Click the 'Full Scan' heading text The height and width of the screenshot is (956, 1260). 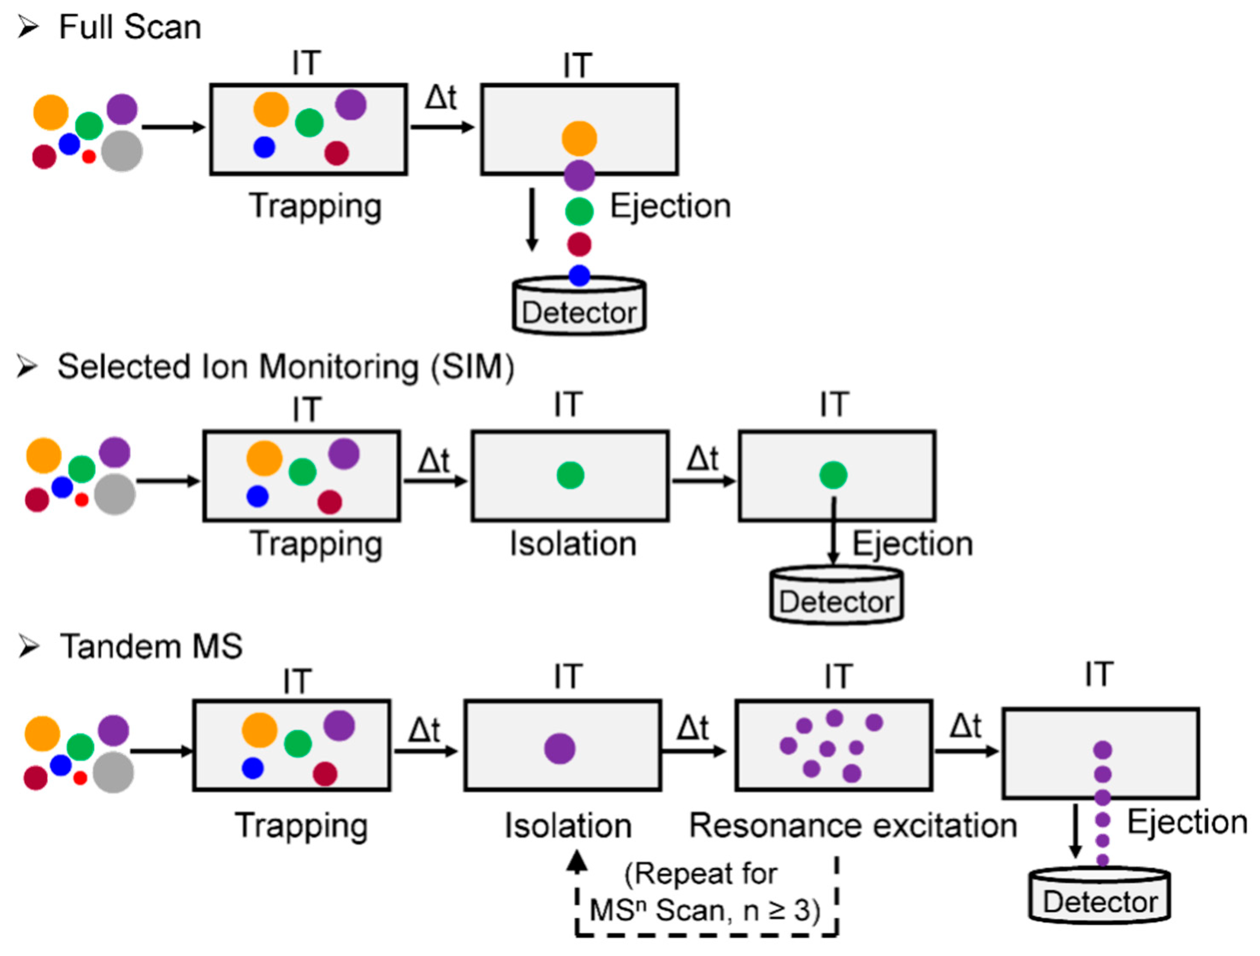130,27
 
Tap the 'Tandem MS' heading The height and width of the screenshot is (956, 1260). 151,647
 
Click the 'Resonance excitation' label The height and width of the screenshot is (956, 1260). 853,826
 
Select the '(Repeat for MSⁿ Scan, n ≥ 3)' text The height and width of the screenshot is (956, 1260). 705,892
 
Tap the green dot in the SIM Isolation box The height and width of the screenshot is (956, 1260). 570,475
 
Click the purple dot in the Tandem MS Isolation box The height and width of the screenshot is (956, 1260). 559,748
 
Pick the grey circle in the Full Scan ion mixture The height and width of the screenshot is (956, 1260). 122,151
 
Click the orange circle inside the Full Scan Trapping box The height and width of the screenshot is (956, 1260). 271,110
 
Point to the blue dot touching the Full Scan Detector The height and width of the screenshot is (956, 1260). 579,276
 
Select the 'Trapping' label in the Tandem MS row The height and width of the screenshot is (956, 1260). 302,826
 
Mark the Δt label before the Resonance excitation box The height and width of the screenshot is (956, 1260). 693,728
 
